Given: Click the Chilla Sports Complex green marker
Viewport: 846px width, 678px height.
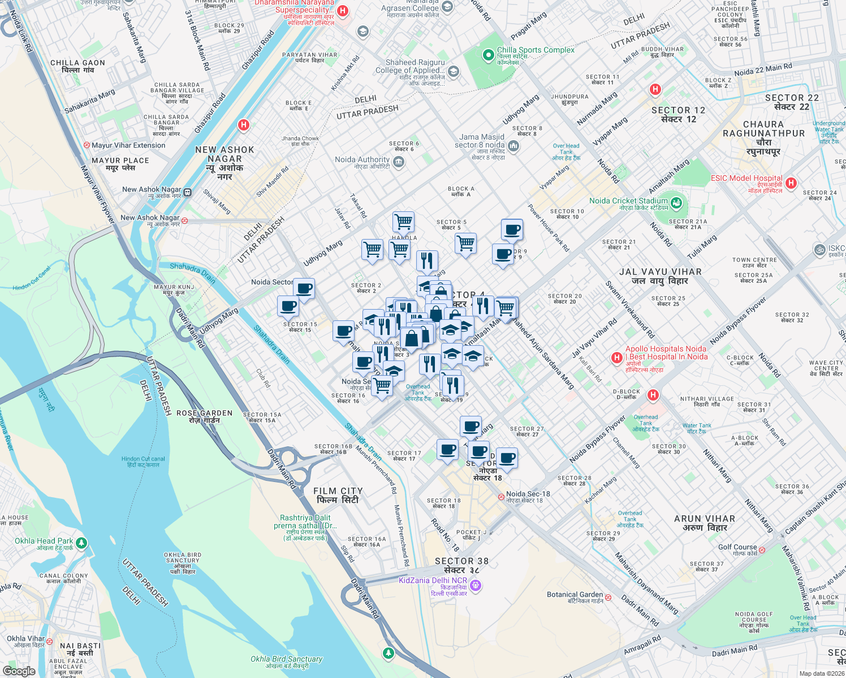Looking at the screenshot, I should tap(488, 55).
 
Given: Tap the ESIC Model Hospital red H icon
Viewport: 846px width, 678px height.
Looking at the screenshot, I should tap(791, 182).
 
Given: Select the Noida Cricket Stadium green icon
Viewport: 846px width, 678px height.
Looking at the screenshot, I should tap(676, 202).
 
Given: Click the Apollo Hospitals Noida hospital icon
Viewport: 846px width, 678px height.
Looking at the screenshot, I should tap(617, 358).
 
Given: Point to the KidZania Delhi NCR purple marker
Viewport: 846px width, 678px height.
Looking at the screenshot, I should tap(476, 586).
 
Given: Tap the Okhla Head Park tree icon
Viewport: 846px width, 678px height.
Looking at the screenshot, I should tap(81, 543).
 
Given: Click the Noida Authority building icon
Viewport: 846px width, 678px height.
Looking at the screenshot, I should tap(398, 163).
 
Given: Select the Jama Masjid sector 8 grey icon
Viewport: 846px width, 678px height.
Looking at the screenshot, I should tap(513, 146).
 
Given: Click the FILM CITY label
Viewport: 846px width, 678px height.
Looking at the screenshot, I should tap(338, 496).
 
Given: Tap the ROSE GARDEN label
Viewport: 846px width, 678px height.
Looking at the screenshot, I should tap(205, 417).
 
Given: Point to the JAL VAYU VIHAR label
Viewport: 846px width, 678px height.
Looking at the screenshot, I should tap(661, 276).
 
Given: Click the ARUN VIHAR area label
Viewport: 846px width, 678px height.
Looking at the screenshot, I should tap(705, 523).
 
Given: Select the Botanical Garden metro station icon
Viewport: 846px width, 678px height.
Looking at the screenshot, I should tap(608, 597).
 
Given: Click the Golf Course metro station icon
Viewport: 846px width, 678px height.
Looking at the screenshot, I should tap(762, 550).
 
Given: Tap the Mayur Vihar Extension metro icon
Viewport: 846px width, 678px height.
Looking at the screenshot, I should tap(87, 145).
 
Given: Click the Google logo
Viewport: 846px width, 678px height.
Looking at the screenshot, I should tap(19, 671).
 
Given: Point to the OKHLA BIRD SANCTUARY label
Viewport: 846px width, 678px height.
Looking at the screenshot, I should tap(183, 563).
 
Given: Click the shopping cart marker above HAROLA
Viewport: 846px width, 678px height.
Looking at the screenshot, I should tap(403, 221).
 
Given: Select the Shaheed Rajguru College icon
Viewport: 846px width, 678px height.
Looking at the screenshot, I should tap(453, 72).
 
